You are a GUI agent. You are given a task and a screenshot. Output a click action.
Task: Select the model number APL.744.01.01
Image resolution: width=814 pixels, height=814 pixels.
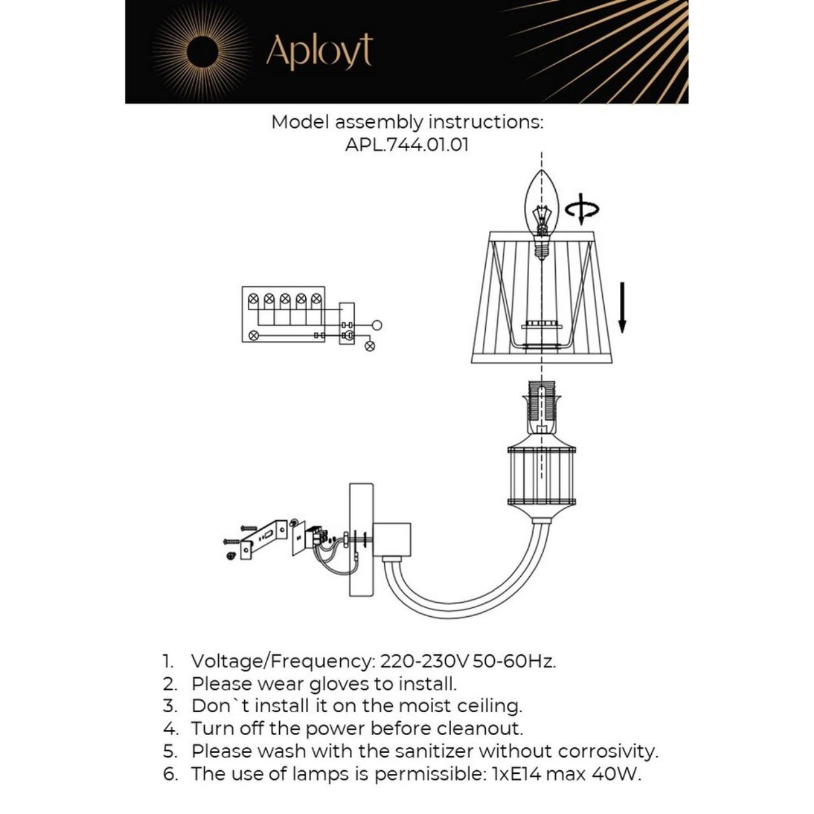[x=407, y=144]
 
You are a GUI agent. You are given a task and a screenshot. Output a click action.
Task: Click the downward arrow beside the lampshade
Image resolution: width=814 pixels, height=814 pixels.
[x=623, y=308]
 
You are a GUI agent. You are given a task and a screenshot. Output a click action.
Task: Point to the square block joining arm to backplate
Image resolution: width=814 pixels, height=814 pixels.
[x=392, y=539]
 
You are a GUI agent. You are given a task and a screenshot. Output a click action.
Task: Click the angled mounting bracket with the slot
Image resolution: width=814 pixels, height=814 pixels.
[x=264, y=538]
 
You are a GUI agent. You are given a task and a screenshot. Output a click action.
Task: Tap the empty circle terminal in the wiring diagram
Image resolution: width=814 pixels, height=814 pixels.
[x=376, y=325]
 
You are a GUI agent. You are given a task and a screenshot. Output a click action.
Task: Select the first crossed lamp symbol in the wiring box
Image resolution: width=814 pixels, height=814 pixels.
[x=253, y=298]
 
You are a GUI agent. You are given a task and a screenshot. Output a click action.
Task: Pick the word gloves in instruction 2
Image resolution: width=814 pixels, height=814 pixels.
[x=339, y=684]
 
